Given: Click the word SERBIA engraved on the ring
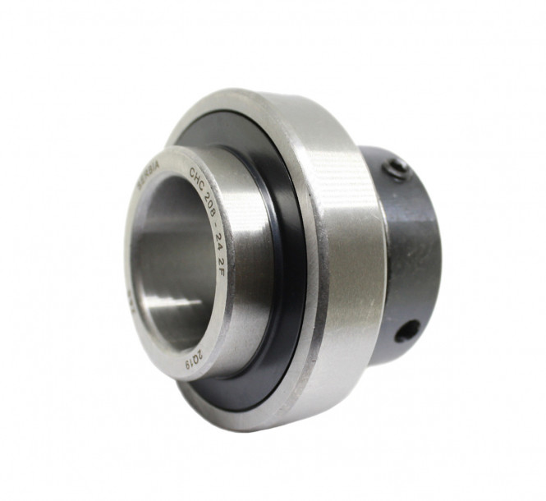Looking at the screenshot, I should [149, 177].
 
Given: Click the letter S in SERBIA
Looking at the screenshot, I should [140, 186].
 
